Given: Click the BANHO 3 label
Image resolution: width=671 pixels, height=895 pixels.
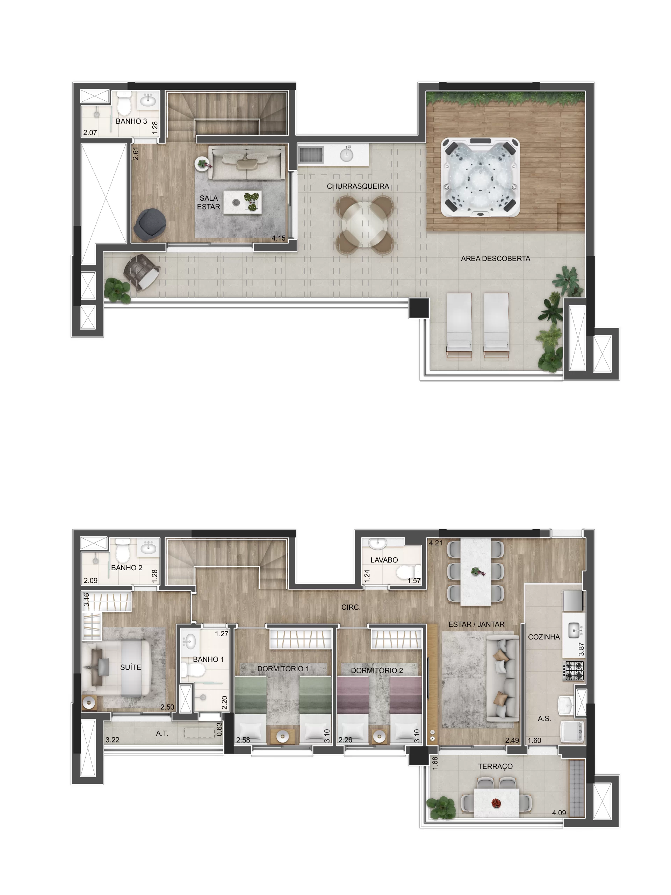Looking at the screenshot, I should (x=131, y=121).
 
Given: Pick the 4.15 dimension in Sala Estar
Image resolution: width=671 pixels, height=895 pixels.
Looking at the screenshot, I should (x=278, y=238).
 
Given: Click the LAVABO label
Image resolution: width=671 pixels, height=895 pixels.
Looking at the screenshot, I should (x=384, y=560).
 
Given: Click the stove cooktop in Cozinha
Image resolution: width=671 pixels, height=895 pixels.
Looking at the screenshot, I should (x=574, y=671).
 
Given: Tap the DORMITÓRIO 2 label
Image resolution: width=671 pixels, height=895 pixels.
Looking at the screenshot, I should (x=376, y=671).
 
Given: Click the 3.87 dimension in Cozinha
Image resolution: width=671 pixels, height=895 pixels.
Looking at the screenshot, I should (x=581, y=649).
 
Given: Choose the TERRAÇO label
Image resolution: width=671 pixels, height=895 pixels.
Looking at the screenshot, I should (x=495, y=766).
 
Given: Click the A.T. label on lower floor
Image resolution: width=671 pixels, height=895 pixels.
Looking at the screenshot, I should (x=162, y=733).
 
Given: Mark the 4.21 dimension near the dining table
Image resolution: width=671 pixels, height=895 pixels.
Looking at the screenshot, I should (x=435, y=543).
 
